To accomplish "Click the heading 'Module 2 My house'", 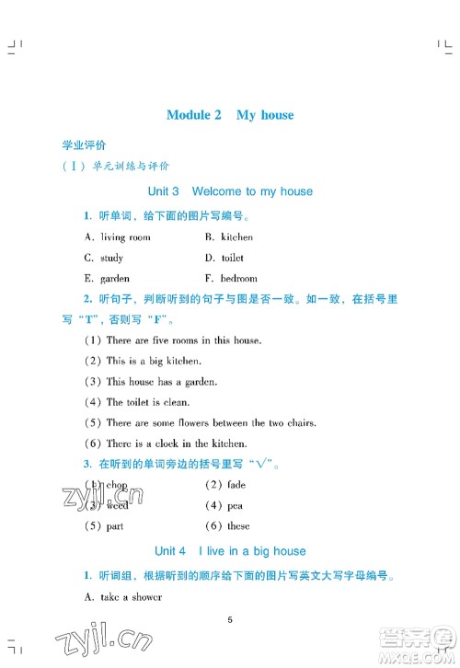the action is [x=230, y=115].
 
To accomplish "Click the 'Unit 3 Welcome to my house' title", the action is [x=230, y=191].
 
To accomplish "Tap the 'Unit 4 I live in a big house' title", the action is [x=230, y=551].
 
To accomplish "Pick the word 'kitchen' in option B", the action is [x=236, y=236].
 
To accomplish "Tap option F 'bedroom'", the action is [x=238, y=278].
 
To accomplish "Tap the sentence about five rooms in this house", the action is [x=183, y=340].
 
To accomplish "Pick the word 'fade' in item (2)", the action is [x=234, y=485].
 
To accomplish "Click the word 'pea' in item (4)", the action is [x=232, y=505].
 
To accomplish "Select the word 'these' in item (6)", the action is [x=237, y=526].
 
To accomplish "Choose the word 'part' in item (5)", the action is [x=114, y=526].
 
